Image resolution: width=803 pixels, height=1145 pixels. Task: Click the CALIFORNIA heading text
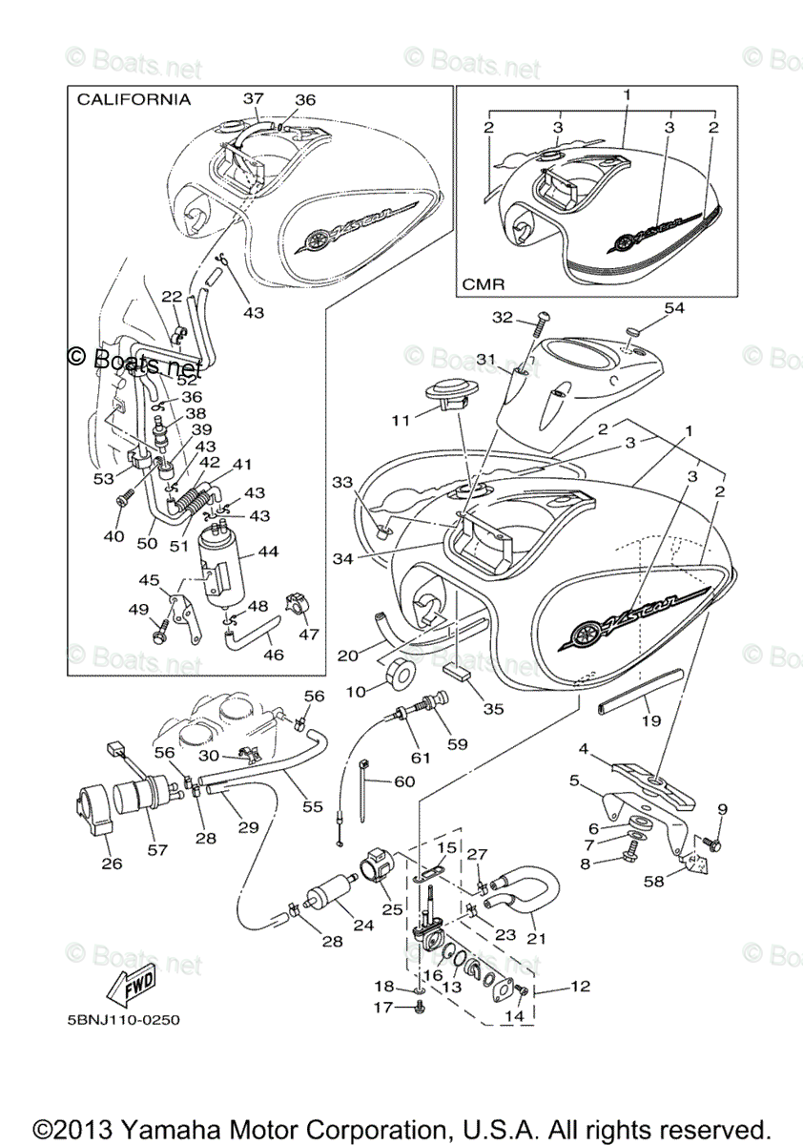[x=134, y=99]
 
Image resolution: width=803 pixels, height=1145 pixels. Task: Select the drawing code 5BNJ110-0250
[x=123, y=1019]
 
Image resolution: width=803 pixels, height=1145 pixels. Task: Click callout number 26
[x=113, y=864]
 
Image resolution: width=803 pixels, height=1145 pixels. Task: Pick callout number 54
[x=674, y=308]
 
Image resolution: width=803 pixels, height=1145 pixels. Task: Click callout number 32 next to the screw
[x=502, y=318]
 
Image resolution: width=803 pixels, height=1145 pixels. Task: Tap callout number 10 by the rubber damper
[x=362, y=691]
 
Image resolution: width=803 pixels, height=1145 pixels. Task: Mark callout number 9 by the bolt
[x=722, y=809]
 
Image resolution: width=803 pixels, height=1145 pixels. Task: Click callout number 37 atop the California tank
[x=253, y=98]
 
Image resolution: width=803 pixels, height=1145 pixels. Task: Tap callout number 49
[x=138, y=610]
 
